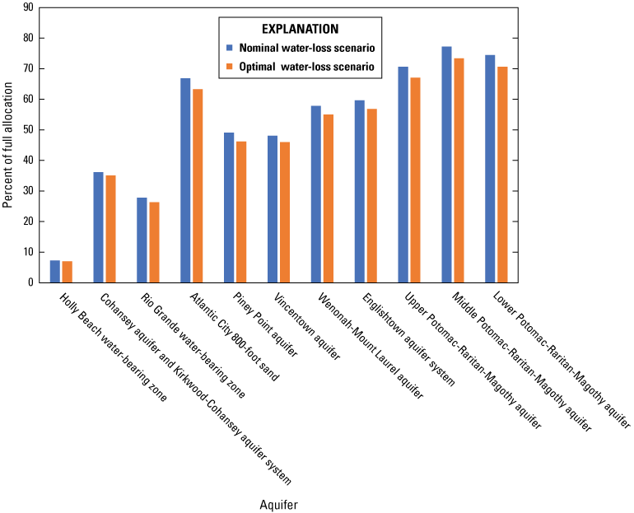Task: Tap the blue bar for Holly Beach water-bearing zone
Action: click(x=54, y=271)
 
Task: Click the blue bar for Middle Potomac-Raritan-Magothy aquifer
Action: click(x=446, y=165)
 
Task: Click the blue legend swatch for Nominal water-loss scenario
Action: click(x=231, y=48)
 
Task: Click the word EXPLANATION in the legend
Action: click(x=302, y=27)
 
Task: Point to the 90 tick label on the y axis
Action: click(x=28, y=7)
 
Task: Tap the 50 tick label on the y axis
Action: click(x=28, y=130)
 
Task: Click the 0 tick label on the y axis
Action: click(x=30, y=282)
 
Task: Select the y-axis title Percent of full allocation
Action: click(x=8, y=145)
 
